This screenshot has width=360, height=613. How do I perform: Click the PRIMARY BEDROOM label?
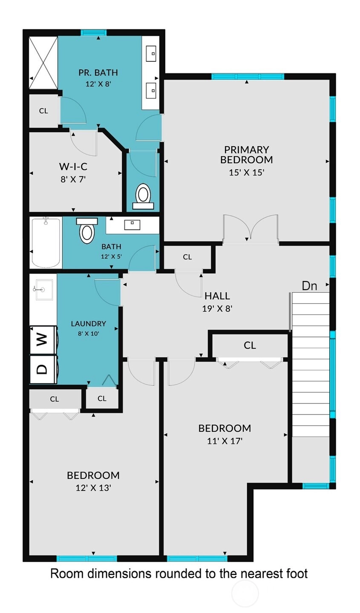247,155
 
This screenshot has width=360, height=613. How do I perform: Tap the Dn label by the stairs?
309,286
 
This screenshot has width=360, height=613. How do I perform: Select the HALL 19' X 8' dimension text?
217,309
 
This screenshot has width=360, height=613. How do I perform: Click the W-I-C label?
73,166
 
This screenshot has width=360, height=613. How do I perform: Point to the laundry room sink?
43,290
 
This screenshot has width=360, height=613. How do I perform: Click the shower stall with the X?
43,63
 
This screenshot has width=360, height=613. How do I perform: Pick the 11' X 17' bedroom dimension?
225,441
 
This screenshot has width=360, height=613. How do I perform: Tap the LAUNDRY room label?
89,323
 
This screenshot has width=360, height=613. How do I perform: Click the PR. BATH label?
98,72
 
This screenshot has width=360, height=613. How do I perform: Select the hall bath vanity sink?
132,224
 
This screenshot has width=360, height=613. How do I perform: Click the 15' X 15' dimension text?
247,173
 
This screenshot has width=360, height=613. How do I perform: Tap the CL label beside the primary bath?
43,111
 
